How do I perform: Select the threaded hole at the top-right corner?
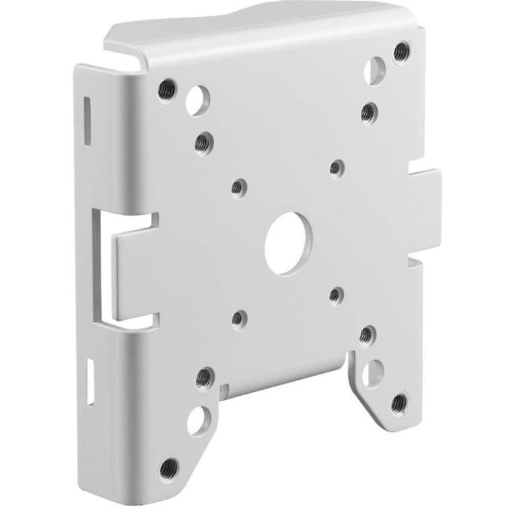401,50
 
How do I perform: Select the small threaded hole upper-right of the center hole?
337,166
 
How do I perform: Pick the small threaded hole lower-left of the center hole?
238,316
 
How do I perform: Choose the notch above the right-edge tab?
418,164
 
